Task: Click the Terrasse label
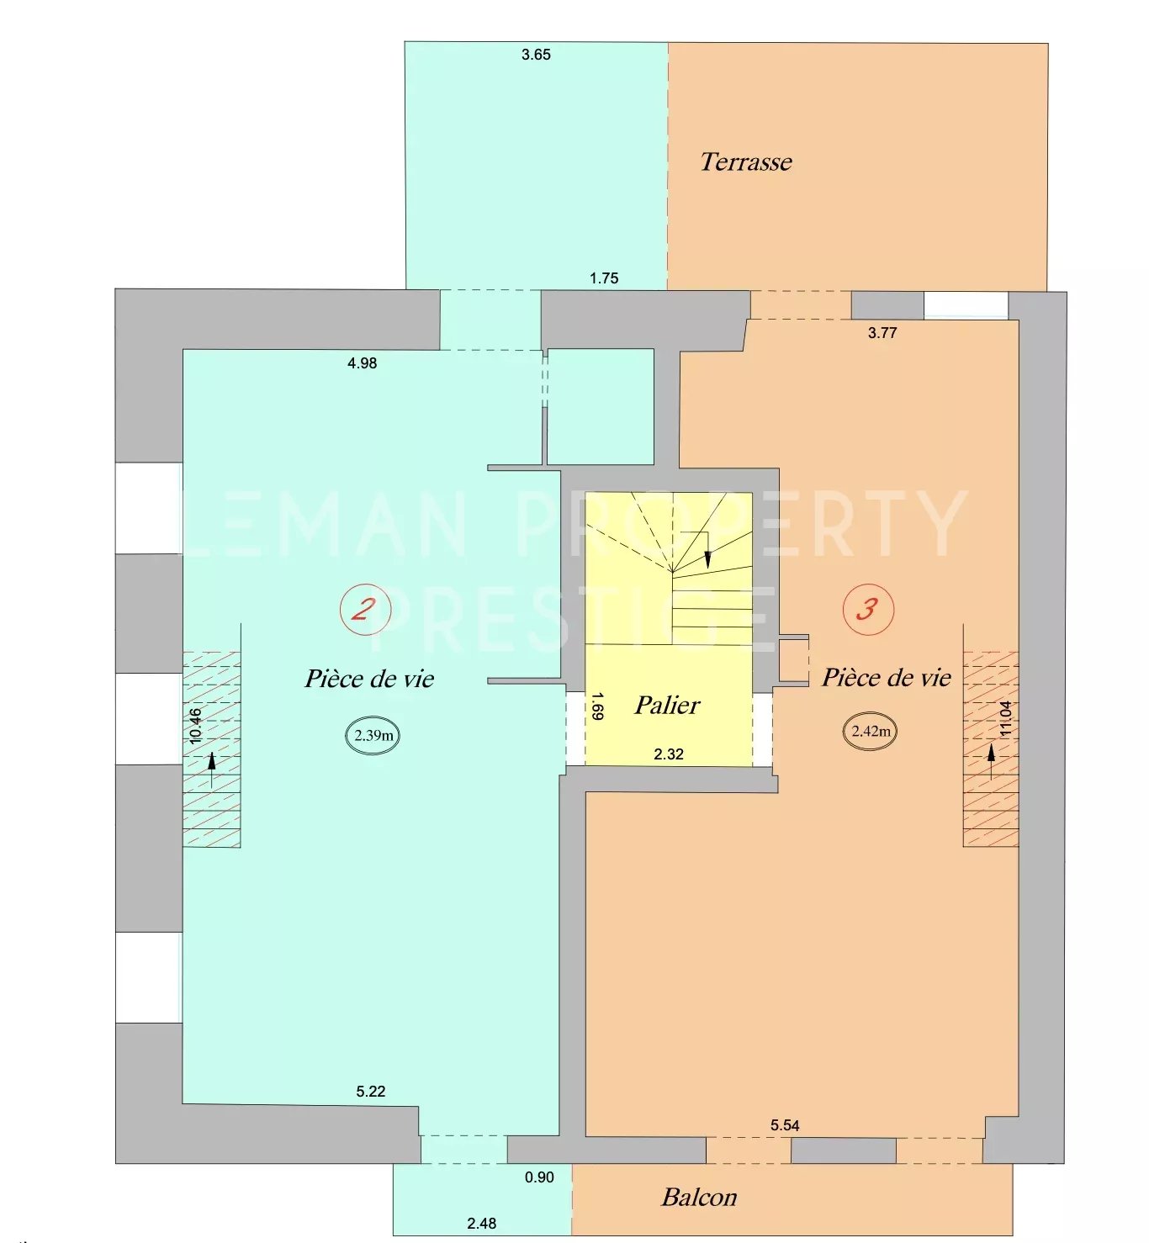[746, 162]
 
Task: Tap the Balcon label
[699, 1197]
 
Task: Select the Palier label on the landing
[667, 705]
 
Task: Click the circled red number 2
[365, 609]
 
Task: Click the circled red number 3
[868, 609]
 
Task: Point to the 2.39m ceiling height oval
[373, 735]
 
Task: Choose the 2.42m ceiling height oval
[871, 731]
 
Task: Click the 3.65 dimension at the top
[536, 55]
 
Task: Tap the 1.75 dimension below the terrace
[604, 278]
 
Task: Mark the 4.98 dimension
[362, 363]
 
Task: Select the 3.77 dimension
[882, 332]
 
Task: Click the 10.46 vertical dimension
[195, 726]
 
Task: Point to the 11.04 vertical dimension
[1005, 718]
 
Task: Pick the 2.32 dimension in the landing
[668, 754]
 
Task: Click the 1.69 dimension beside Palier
[596, 706]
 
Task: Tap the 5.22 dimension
[371, 1092]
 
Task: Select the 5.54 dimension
[785, 1125]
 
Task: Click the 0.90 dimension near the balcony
[539, 1177]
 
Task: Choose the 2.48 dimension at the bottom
[481, 1223]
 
